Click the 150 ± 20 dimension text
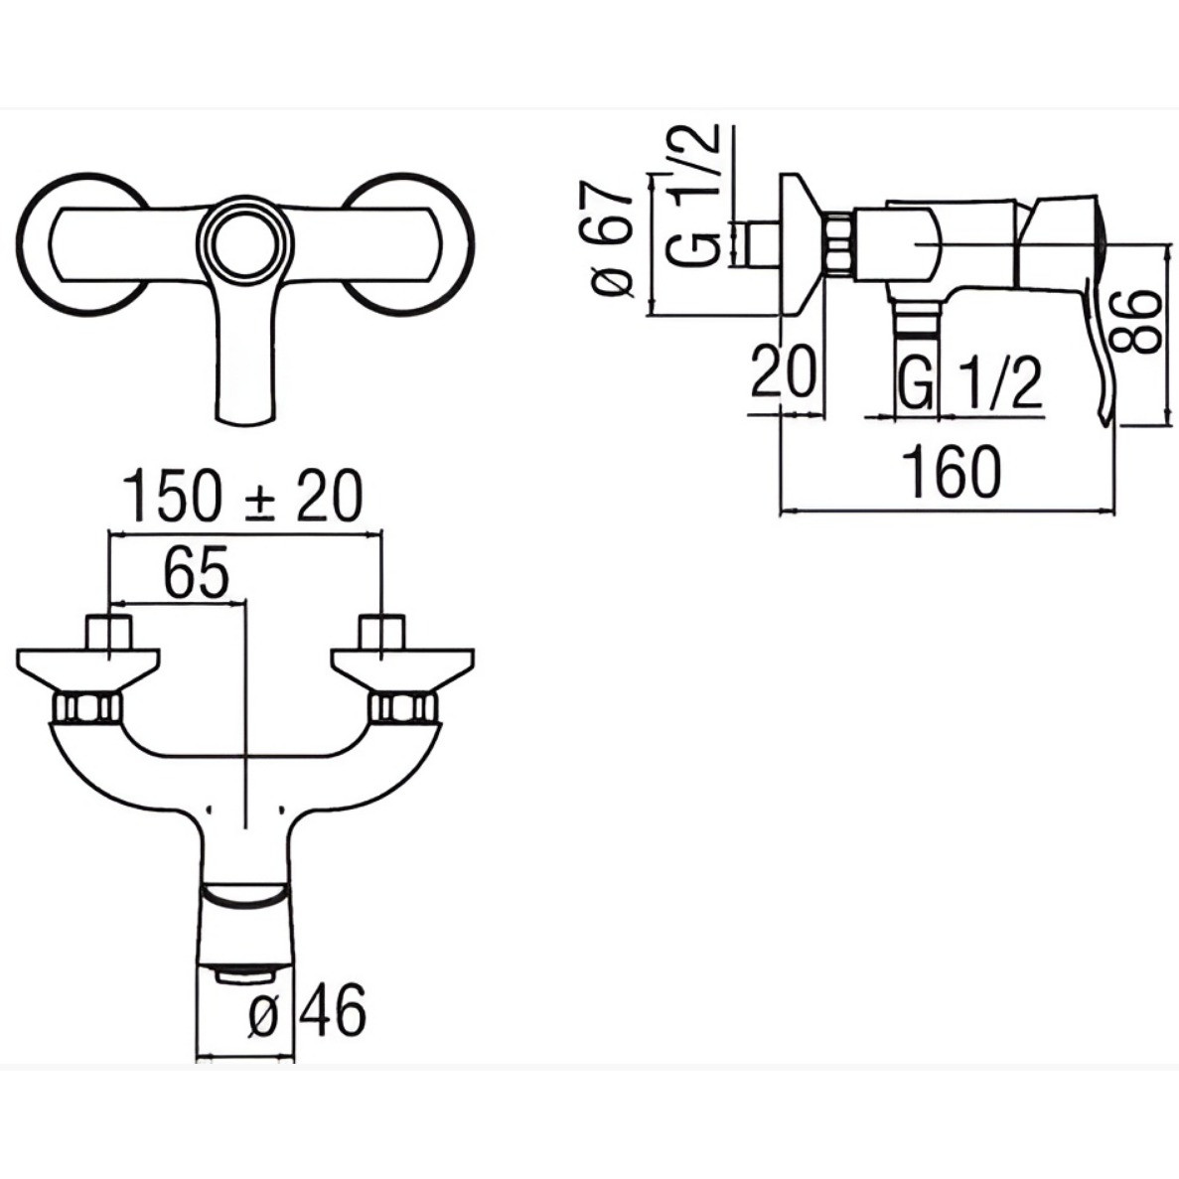point(242,497)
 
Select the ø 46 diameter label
point(308,1010)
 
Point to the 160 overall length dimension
point(952,472)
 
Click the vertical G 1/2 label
point(692,195)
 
